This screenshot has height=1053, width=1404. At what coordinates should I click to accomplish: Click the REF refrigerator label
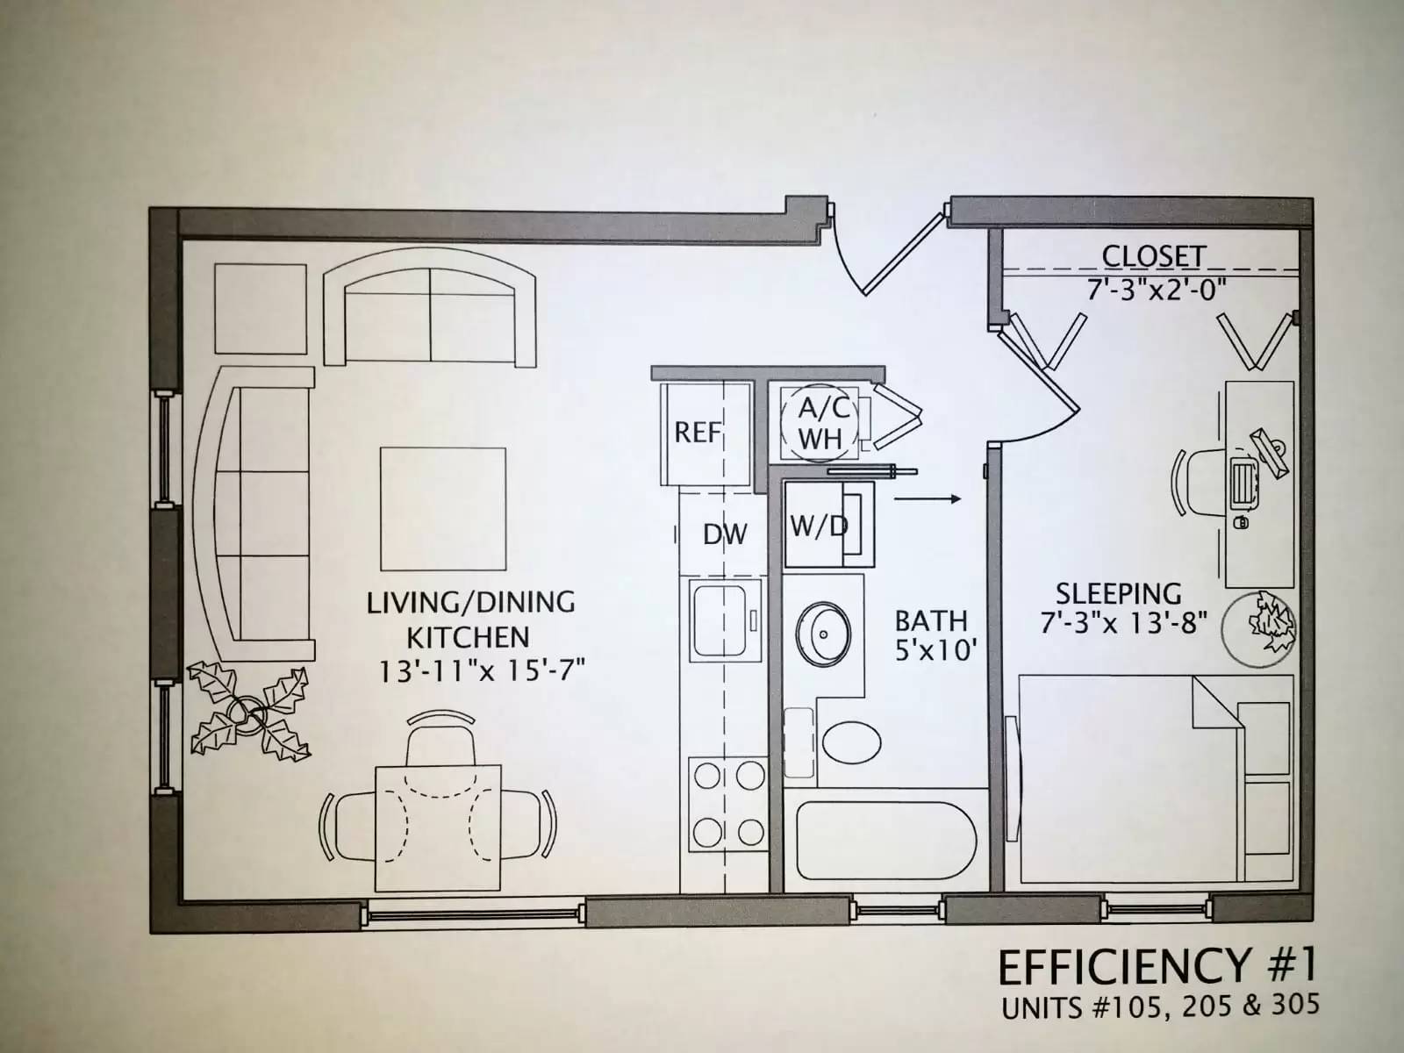click(698, 433)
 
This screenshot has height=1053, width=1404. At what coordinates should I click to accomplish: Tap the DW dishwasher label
click(725, 534)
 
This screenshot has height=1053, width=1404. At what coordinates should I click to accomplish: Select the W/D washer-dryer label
click(819, 526)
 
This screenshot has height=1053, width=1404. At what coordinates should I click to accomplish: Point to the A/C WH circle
click(820, 423)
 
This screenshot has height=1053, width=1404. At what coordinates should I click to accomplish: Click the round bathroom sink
click(823, 634)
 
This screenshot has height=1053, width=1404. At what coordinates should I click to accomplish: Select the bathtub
click(886, 840)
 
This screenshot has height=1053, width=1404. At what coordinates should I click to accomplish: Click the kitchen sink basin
click(719, 620)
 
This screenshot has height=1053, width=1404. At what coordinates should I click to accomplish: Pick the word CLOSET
click(1153, 256)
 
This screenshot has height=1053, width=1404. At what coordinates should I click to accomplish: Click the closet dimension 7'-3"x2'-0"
click(1157, 291)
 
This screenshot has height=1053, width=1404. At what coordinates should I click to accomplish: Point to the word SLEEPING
click(1119, 594)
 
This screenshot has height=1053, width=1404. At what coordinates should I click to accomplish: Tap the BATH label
click(931, 620)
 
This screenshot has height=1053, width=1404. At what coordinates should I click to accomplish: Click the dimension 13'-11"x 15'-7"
click(483, 672)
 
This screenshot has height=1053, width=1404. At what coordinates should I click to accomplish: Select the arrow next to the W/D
click(928, 499)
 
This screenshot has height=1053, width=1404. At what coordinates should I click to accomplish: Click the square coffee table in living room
click(443, 509)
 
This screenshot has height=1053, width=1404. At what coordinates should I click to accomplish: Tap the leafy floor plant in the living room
click(248, 713)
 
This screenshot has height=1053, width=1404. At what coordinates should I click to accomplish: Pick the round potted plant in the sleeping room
click(1258, 629)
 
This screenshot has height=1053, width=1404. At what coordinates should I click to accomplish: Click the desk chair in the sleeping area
click(1199, 481)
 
